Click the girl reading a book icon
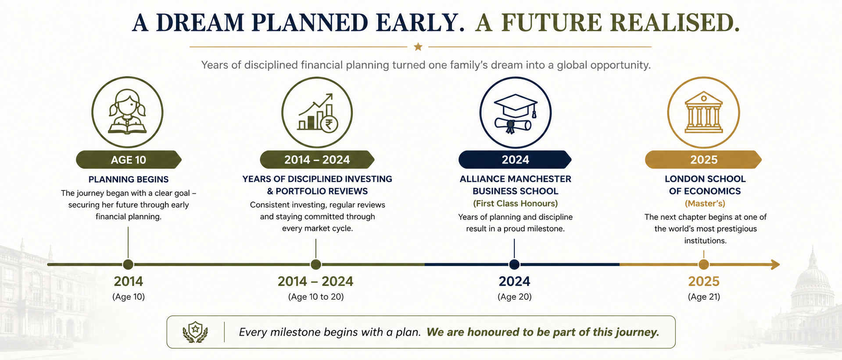(127, 112)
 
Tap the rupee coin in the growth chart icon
(329, 123)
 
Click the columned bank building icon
(703, 112)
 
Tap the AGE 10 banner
(129, 159)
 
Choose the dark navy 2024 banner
(515, 159)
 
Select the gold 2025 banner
(703, 159)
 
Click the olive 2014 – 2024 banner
(317, 159)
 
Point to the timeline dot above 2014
(128, 264)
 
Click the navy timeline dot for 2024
(514, 264)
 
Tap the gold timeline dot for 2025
(704, 264)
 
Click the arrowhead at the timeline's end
(775, 264)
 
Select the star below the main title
(418, 46)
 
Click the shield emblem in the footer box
(195, 332)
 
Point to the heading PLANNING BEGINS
(129, 179)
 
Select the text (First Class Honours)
(515, 203)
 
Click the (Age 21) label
(704, 297)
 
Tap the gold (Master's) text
(705, 203)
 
